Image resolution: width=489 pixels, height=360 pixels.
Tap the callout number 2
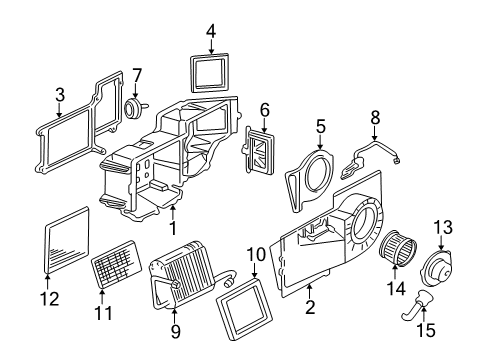coord(310,308)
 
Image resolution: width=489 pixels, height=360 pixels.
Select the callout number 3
coord(59,94)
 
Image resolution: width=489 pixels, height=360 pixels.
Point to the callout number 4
coord(211,31)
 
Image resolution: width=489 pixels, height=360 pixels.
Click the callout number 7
coord(138,73)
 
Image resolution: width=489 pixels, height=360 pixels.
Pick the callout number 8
coord(375,117)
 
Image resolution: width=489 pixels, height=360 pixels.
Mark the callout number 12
coord(49,298)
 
